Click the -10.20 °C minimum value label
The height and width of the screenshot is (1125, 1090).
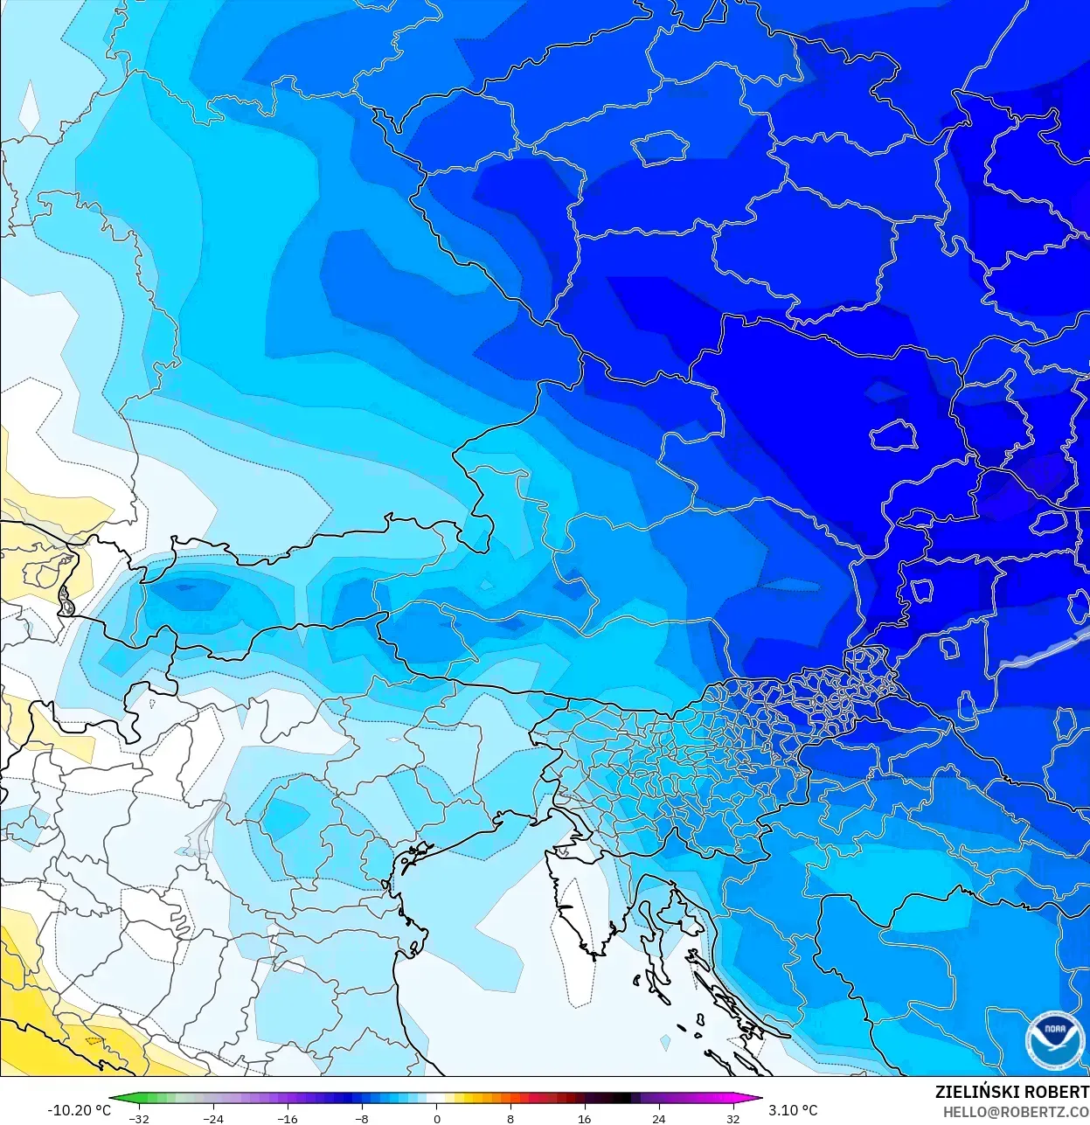point(79,1110)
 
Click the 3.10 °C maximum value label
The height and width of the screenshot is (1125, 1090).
point(793,1110)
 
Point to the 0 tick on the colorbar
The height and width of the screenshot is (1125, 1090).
point(436,1119)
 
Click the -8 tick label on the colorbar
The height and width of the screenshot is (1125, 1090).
point(361,1119)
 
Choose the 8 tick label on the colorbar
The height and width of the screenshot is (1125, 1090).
point(510,1119)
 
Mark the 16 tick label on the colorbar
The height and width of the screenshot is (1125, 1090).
point(584,1119)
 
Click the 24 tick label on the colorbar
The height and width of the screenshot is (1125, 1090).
point(658,1119)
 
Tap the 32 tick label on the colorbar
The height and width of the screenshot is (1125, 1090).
point(732,1119)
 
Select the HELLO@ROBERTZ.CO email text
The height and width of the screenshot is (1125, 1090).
point(1016,1112)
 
